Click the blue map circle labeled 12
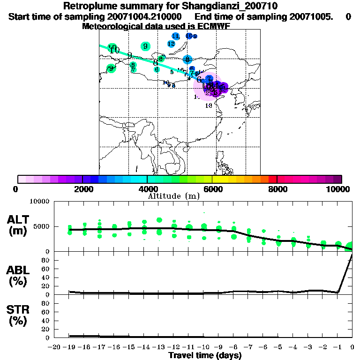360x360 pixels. pos(171,44)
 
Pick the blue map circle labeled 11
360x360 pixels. pos(176,36)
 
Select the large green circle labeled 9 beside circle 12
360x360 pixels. pos(145,46)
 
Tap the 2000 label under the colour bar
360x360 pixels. pos(82,189)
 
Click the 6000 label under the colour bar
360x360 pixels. pos(212,189)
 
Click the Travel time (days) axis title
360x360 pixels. pos(205,355)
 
